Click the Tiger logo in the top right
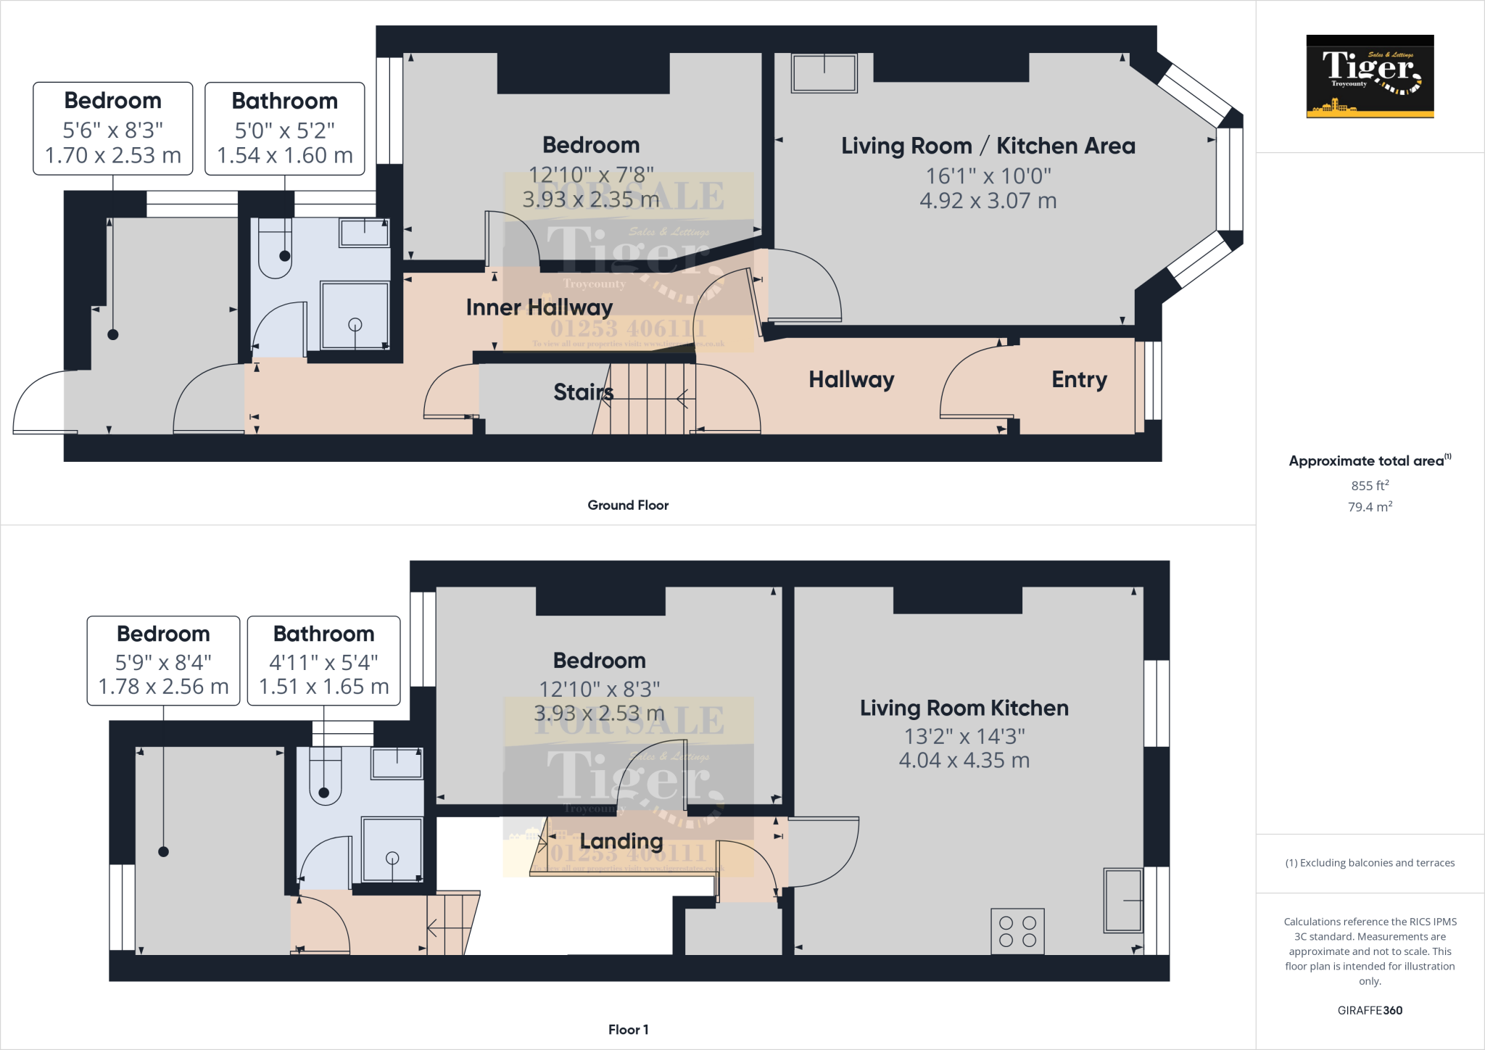[1370, 76]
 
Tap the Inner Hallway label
[539, 307]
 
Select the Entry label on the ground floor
[1079, 380]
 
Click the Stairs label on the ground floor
[583, 392]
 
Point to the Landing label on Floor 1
[621, 841]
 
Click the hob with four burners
[1017, 932]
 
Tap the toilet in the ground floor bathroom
[276, 250]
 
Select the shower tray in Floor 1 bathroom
[392, 849]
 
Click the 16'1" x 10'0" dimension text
[988, 175]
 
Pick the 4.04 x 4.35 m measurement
[964, 761]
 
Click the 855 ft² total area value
[1370, 485]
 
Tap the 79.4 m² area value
[1370, 507]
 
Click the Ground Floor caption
[628, 505]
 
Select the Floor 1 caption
[628, 1030]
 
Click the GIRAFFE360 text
[1370, 1010]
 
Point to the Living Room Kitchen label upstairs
[964, 708]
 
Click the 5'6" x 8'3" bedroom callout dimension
[112, 131]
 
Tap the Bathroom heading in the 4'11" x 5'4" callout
[323, 634]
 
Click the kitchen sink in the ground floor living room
[824, 73]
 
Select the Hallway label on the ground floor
[851, 380]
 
